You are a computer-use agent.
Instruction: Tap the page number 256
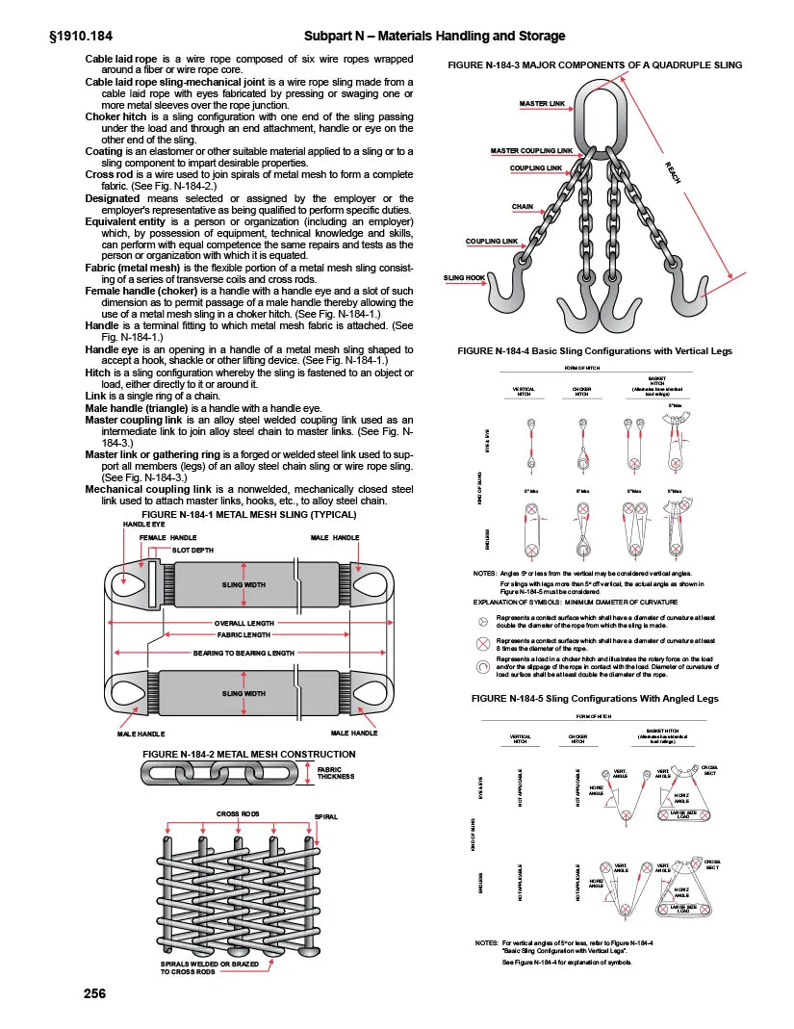(x=94, y=992)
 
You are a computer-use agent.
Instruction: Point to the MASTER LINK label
(x=542, y=103)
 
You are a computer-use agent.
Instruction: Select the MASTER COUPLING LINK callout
(x=531, y=151)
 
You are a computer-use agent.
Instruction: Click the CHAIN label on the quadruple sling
(x=523, y=206)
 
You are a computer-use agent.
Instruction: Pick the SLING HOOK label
(x=465, y=277)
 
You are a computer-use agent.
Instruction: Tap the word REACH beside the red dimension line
(x=673, y=174)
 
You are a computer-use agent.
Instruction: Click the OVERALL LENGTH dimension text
(x=243, y=623)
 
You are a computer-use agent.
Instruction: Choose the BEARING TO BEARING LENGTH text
(x=243, y=653)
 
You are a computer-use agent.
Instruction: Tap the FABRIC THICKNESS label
(x=338, y=772)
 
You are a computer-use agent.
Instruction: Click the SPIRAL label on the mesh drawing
(x=327, y=816)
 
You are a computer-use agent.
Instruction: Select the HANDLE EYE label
(x=142, y=524)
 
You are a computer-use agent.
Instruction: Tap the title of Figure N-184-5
(x=594, y=697)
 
